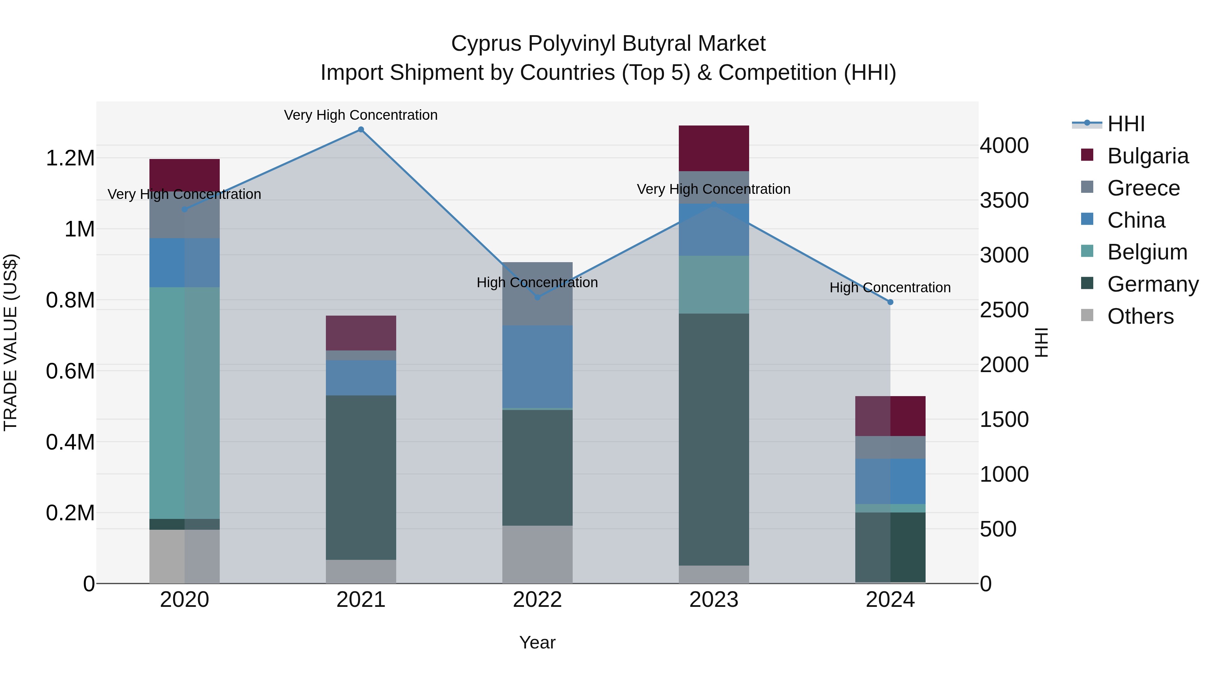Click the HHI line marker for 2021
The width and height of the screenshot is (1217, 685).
[x=361, y=130]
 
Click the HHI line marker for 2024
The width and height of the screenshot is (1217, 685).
[x=890, y=302]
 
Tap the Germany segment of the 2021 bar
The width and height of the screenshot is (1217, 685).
[x=361, y=477]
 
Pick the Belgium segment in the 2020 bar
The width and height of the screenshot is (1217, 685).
[x=184, y=403]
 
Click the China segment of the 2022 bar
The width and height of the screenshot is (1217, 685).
[x=537, y=366]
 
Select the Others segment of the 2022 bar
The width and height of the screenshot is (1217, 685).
[x=537, y=554]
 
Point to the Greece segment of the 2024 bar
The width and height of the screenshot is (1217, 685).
[x=890, y=447]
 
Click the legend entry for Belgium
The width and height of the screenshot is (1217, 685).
[x=1147, y=252]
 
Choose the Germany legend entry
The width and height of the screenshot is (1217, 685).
[x=1152, y=284]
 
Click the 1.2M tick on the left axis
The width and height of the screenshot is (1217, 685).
[x=70, y=158]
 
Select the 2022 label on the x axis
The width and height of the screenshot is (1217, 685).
[x=537, y=599]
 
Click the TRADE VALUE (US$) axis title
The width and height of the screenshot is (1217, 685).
[x=10, y=342]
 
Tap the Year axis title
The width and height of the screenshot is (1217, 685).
[x=537, y=642]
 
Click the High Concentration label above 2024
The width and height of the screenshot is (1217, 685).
[x=890, y=288]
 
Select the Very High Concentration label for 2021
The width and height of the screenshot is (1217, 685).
[x=361, y=115]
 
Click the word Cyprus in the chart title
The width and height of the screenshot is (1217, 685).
[x=486, y=44]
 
